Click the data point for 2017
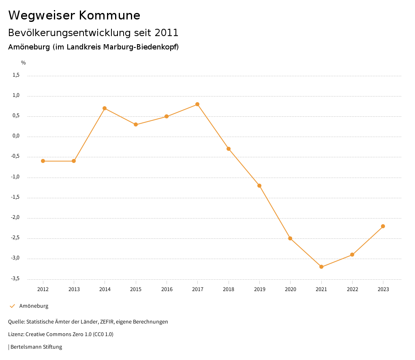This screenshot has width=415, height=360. (197, 104)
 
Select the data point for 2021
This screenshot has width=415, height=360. (321, 267)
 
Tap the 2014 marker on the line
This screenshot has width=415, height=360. (105, 108)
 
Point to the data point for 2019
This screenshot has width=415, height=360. (259, 186)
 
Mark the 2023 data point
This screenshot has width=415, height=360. (383, 226)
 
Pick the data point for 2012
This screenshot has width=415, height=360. (43, 161)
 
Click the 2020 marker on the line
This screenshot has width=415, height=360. (290, 238)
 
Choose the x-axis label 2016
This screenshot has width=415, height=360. (167, 289)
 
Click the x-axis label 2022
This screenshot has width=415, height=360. (352, 289)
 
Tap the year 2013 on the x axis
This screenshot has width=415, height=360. (74, 289)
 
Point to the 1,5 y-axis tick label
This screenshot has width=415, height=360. (16, 75)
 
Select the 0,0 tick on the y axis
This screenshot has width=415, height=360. (16, 136)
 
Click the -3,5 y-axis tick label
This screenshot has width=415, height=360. (15, 279)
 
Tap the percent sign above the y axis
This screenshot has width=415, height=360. (24, 63)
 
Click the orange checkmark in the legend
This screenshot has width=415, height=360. (12, 306)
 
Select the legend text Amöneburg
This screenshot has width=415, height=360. (34, 306)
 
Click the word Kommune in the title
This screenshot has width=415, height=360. (109, 15)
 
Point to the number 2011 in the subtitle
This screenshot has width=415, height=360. (166, 32)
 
